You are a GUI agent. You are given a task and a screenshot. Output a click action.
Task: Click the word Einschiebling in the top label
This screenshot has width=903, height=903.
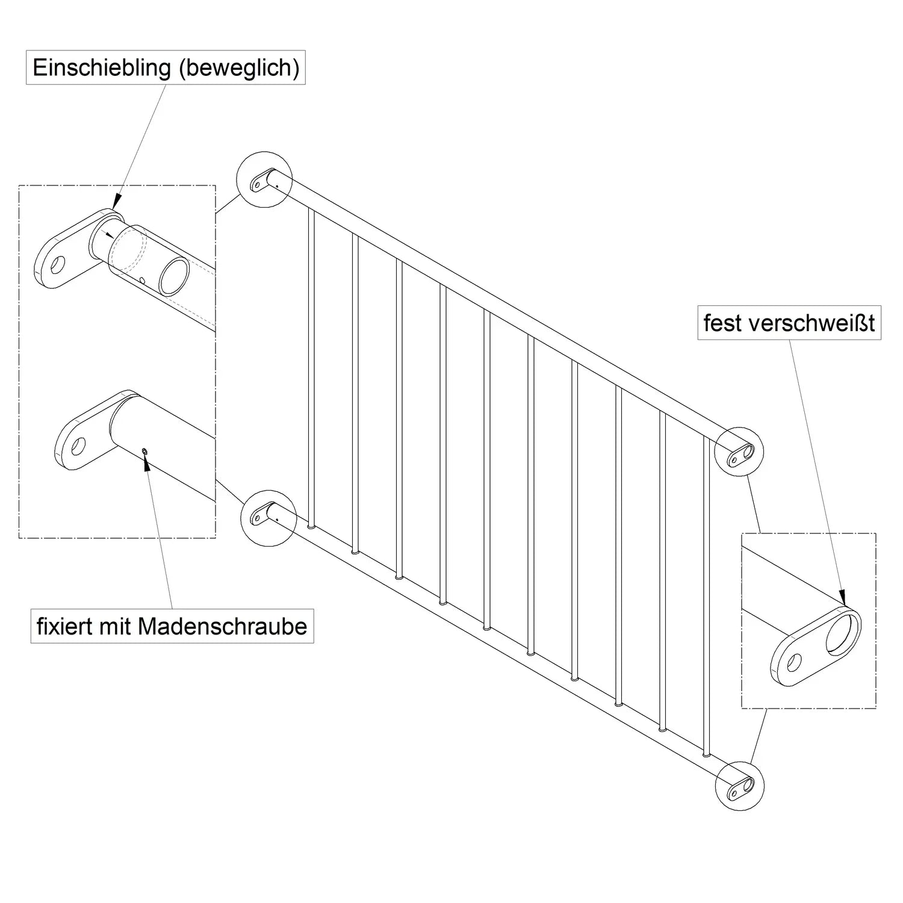[102, 68]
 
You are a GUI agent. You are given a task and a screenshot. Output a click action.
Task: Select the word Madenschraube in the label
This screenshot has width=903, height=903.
[223, 626]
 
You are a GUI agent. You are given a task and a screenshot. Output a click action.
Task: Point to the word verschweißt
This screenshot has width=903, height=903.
[812, 323]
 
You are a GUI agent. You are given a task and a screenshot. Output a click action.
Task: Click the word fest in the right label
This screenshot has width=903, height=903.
[723, 323]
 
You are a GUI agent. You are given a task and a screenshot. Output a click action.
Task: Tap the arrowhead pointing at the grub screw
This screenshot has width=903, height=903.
[146, 461]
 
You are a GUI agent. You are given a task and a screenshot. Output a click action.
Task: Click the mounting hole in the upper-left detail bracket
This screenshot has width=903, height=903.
[58, 264]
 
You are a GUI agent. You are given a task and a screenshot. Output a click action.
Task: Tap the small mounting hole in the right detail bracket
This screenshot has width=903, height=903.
[793, 663]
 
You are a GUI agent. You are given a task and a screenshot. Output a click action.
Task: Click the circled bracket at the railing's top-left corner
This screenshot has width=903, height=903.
[264, 179]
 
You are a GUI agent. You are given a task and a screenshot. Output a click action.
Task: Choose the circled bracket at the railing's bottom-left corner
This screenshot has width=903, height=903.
[267, 517]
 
